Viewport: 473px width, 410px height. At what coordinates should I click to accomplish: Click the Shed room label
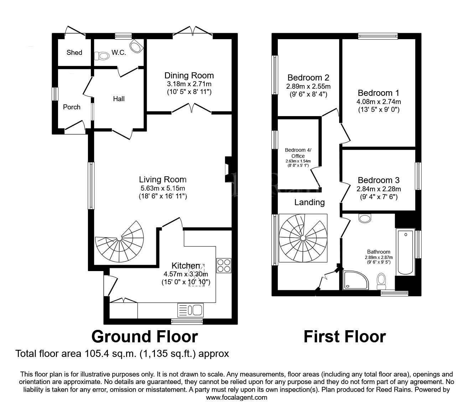pos(74,52)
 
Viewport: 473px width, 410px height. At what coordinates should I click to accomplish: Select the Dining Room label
pos(189,76)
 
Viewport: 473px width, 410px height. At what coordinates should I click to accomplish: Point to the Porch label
pos(72,107)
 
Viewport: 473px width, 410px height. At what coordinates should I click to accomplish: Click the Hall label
pos(119,99)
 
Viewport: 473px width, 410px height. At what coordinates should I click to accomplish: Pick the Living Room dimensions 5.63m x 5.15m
pos(163,188)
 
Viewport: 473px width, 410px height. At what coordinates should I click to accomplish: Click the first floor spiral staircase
pos(303,238)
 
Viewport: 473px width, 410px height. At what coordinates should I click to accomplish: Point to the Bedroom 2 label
pos(308,78)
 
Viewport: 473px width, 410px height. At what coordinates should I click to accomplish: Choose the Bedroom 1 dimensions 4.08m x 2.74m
pos(379,102)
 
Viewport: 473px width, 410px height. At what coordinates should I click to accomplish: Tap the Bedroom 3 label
pos(379,180)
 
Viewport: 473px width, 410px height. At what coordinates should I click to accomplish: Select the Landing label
pos(310,202)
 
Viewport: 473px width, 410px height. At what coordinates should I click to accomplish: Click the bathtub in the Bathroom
pos(405,252)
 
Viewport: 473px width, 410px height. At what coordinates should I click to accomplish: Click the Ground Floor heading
pos(145,336)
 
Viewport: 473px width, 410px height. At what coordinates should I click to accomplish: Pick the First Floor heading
pos(344,336)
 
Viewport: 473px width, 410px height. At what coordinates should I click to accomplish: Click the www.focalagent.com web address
pos(236,398)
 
